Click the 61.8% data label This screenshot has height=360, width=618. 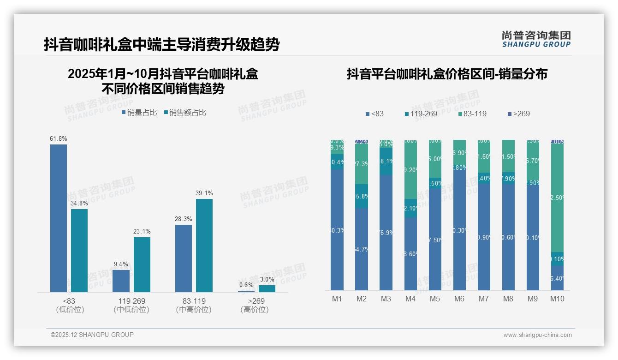(59, 138)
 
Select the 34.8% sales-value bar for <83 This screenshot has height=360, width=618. (79, 251)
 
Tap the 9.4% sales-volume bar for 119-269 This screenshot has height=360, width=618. (121, 281)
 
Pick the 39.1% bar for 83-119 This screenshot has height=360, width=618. (204, 246)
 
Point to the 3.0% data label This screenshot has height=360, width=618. (267, 279)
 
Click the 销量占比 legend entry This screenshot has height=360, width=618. (139, 112)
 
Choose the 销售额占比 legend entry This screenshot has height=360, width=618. (185, 112)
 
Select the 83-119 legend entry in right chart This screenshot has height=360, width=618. (472, 114)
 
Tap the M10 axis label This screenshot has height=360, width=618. (557, 299)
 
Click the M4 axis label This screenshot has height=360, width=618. (410, 299)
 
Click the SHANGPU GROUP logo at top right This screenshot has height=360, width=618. (536, 39)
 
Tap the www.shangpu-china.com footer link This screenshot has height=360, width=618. (537, 335)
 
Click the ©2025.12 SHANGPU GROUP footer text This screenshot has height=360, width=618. (92, 335)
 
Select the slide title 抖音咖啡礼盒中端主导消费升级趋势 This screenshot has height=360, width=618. (161, 44)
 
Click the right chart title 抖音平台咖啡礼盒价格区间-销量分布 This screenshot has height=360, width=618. (447, 74)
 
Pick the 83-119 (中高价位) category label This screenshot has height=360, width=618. (194, 305)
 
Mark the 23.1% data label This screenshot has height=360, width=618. (142, 231)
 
